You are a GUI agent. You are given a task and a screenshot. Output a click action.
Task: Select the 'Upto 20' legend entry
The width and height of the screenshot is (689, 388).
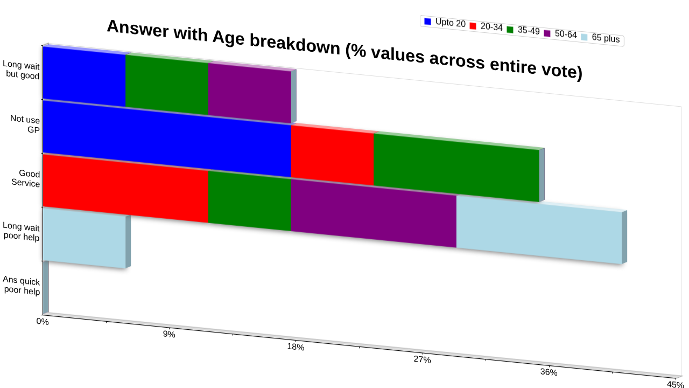[x=445, y=23]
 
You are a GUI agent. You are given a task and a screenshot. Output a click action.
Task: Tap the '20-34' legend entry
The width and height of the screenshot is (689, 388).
[x=486, y=26]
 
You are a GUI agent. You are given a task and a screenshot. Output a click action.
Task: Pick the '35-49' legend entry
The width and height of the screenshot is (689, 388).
[x=523, y=30]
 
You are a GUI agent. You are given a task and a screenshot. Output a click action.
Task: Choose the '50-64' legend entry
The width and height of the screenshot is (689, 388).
[x=560, y=34]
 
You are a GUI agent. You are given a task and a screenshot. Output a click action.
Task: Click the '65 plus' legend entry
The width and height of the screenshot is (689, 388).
[x=600, y=38]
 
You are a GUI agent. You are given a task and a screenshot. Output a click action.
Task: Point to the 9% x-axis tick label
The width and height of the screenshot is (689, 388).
[x=169, y=334]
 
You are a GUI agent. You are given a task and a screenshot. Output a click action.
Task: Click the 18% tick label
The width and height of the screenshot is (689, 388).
[x=296, y=347]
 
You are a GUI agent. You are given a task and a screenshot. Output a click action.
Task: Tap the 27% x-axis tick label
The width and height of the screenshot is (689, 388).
[x=423, y=359]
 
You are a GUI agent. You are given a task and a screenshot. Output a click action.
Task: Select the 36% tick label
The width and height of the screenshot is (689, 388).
[x=549, y=372]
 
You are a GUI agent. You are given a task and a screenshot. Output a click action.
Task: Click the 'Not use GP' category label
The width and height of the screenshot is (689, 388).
[x=25, y=124]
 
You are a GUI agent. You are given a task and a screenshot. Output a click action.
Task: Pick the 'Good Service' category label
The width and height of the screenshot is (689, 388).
[x=25, y=178]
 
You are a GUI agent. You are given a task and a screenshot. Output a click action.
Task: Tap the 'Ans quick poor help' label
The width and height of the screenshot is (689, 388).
[x=21, y=286]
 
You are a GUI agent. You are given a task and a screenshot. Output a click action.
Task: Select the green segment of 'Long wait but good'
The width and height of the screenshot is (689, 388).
[x=167, y=84]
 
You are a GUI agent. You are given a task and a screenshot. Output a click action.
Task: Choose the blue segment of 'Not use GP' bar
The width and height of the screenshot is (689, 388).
[x=167, y=139]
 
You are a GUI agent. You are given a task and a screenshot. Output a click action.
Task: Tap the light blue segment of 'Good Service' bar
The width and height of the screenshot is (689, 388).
[x=539, y=230]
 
